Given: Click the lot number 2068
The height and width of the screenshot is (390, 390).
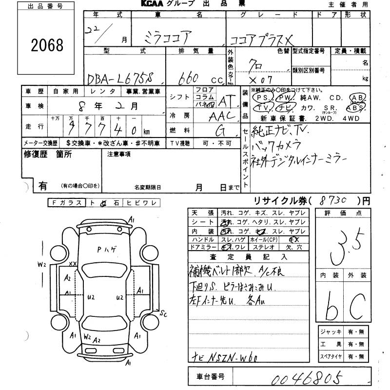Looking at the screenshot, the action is coord(47,45).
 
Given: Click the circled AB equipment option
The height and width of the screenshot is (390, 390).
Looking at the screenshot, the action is coord(358,97).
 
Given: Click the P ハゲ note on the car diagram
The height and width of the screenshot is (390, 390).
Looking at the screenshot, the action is coord(106,250).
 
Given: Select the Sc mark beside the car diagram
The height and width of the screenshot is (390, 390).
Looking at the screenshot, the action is coord(163,314).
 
